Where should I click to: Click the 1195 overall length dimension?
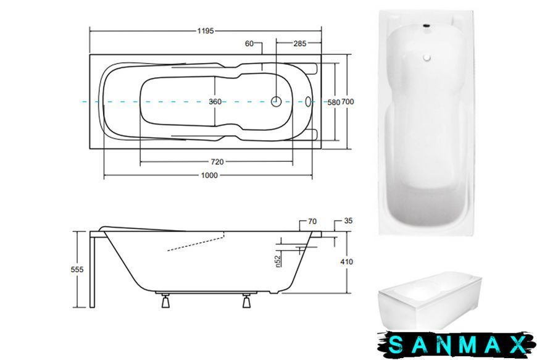[206, 31]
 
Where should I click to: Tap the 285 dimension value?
[300, 43]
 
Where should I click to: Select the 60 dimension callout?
[249, 43]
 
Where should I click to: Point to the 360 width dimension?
[215, 102]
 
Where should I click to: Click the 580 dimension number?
[333, 102]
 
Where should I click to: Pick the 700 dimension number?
[348, 102]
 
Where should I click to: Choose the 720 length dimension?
[217, 162]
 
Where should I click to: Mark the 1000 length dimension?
[209, 175]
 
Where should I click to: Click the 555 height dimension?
[77, 270]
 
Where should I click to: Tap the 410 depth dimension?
[347, 262]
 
